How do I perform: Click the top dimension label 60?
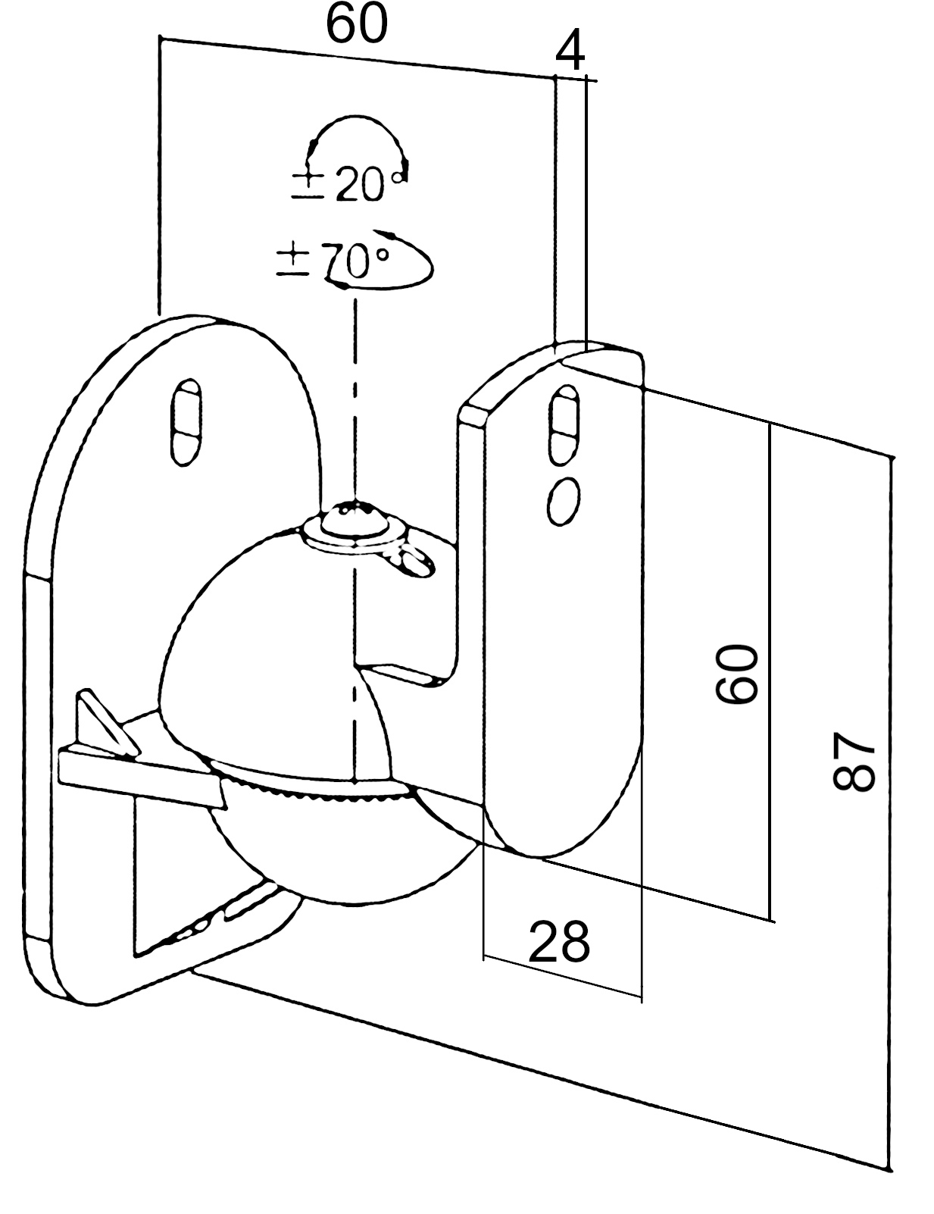[356, 24]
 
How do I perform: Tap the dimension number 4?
[571, 53]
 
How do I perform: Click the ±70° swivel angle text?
[334, 261]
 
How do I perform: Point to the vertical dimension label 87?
[854, 761]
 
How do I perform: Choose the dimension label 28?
[559, 940]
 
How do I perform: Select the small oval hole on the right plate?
[564, 500]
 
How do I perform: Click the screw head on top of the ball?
[350, 521]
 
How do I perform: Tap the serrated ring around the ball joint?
[318, 788]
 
